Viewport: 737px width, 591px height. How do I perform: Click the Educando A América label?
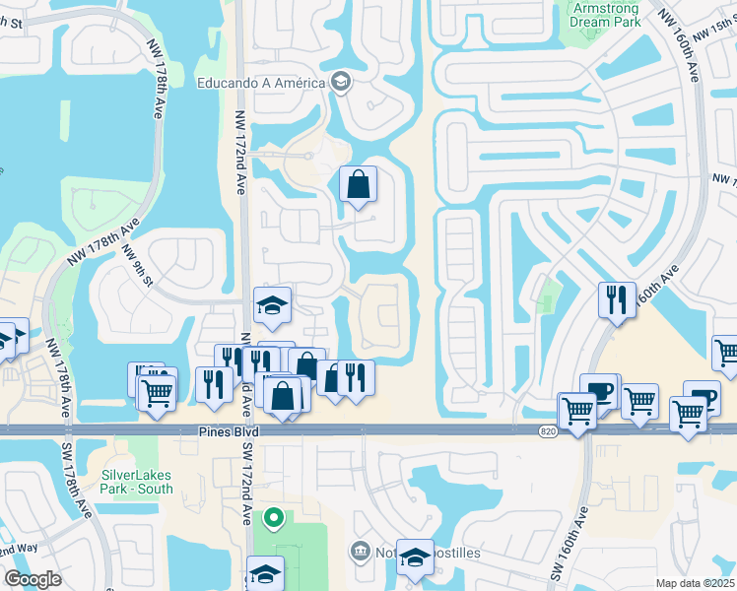tap(263, 82)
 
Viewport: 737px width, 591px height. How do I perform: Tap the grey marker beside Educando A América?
tap(341, 82)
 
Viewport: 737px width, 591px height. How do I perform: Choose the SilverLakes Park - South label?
tap(137, 482)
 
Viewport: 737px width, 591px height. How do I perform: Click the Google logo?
tap(33, 579)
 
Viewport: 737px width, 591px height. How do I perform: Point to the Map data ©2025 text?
tap(695, 583)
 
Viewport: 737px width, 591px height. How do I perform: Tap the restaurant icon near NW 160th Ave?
tap(617, 299)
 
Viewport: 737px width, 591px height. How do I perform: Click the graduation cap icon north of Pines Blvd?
tap(272, 305)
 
